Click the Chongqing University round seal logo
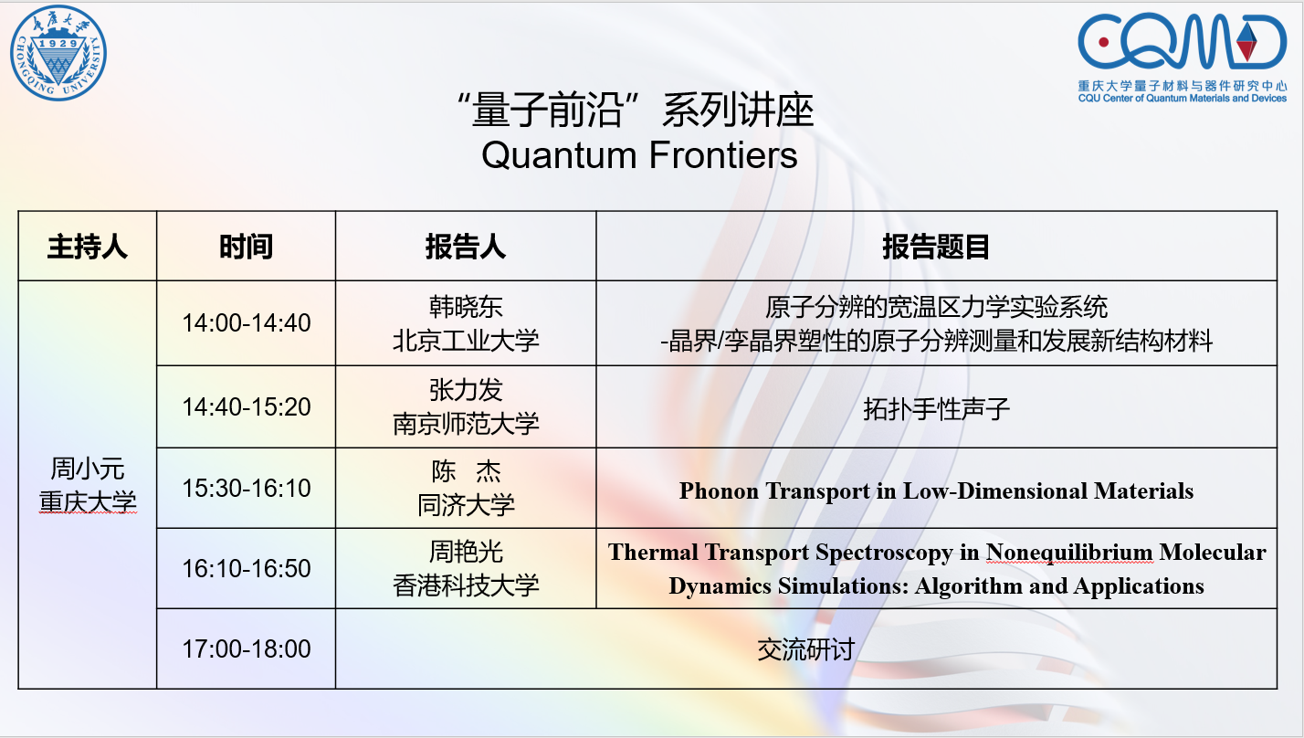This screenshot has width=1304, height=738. point(58,52)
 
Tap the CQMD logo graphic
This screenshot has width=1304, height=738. point(1183,42)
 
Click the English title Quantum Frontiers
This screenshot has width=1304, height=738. point(639,155)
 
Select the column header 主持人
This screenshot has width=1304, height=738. point(88,247)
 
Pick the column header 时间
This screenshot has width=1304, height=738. point(246,247)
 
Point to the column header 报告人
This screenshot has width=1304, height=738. point(465,247)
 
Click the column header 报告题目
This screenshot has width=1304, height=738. point(936,247)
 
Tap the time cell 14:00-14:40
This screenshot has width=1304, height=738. point(247,322)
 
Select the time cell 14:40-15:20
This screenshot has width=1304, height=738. point(247,406)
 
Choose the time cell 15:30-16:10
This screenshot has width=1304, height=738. point(247,488)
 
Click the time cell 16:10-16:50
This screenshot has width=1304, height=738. point(247,568)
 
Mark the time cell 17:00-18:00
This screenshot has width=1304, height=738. point(247,648)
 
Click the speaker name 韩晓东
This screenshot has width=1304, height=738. point(466,307)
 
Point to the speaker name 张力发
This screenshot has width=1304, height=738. point(466,390)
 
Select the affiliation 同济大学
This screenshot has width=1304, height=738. point(466,505)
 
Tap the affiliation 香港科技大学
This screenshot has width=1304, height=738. point(466,585)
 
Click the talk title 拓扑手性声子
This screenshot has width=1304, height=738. point(936,409)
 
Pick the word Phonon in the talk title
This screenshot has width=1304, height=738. point(719,491)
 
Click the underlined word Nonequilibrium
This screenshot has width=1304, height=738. point(1068,553)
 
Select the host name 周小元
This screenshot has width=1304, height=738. point(88,469)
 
